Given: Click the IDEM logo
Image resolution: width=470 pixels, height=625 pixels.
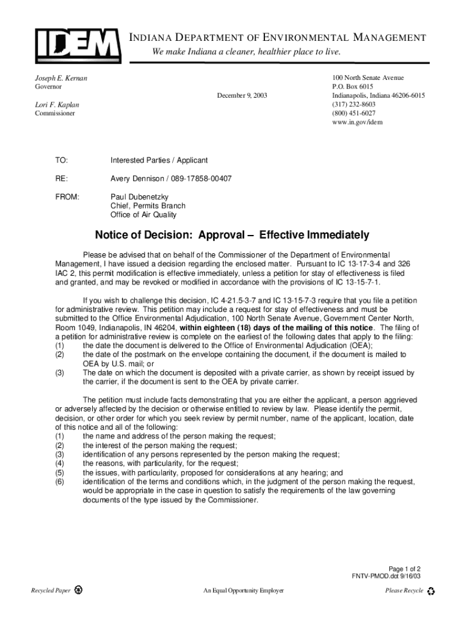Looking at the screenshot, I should pyautogui.click(x=77, y=43).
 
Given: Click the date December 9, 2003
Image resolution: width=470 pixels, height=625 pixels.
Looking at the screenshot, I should pyautogui.click(x=242, y=96).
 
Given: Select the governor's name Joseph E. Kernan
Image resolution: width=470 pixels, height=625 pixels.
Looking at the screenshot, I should pyautogui.click(x=60, y=79).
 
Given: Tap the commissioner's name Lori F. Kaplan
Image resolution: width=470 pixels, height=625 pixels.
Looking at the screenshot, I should pyautogui.click(x=57, y=105).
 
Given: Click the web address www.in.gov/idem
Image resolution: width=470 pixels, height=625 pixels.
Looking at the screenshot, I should pyautogui.click(x=357, y=122).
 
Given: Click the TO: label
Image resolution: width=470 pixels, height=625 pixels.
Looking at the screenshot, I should pyautogui.click(x=62, y=161).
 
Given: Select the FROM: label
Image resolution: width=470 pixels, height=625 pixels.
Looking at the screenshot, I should pyautogui.click(x=67, y=197).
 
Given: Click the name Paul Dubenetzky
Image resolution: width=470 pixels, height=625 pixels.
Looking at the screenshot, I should pyautogui.click(x=139, y=197).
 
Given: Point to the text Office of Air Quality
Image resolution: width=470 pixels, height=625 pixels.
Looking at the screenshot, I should pyautogui.click(x=143, y=215).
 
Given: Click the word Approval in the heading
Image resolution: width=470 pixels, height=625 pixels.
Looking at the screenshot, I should pyautogui.click(x=226, y=235).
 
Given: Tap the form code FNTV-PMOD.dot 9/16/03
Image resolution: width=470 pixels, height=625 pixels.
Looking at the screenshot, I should pyautogui.click(x=386, y=576).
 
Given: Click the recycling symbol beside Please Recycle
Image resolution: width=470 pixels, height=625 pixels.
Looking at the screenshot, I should pyautogui.click(x=432, y=591).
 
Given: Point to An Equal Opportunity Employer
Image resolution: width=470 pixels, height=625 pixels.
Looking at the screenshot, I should pyautogui.click(x=244, y=591).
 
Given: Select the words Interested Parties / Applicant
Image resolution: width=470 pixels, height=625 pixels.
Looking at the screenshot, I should pyautogui.click(x=159, y=161).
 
